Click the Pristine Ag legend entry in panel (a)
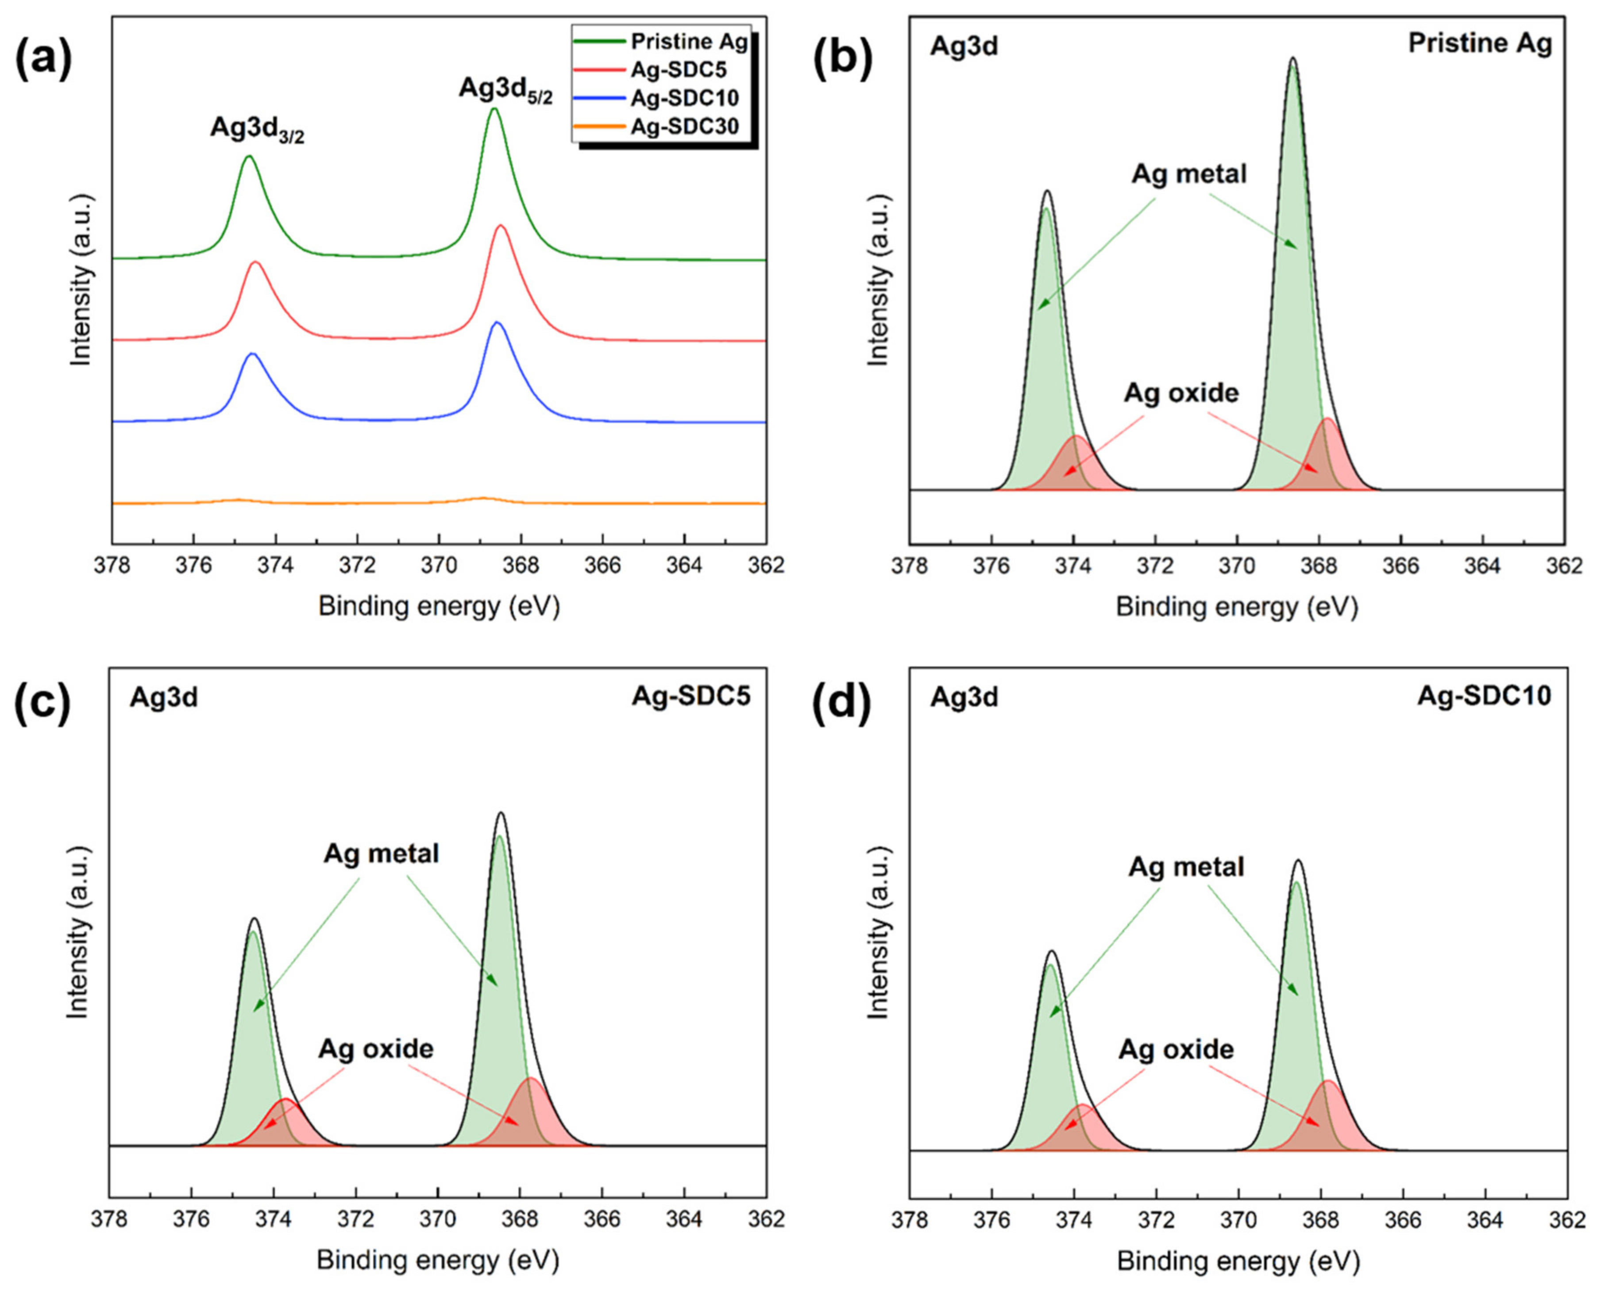click(688, 42)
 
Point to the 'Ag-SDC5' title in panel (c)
click(691, 696)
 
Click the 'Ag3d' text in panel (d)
click(964, 697)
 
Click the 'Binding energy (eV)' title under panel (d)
click(1238, 1261)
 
